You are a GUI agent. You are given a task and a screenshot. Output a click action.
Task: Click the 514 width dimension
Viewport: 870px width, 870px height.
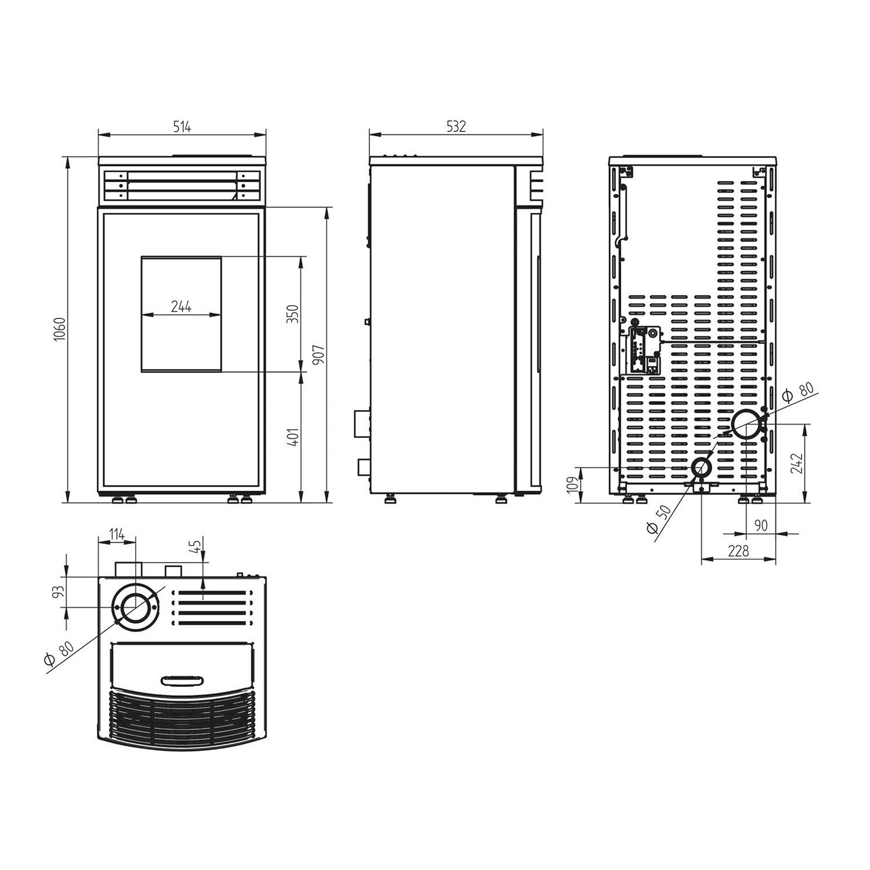[182, 127]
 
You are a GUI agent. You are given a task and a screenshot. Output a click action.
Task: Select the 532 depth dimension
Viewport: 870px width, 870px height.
[456, 127]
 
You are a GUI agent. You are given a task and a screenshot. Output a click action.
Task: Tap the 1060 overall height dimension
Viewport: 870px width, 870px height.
[60, 329]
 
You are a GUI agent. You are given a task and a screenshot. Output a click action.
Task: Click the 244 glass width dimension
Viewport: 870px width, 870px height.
[181, 307]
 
